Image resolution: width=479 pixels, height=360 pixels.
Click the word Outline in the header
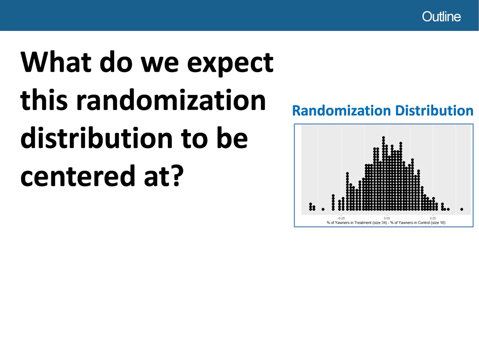click(441, 16)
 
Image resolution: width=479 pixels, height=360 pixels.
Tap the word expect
click(230, 64)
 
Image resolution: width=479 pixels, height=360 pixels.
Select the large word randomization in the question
click(171, 100)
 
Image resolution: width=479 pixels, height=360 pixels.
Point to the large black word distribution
click(97, 139)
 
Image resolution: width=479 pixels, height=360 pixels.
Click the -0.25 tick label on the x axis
click(341, 218)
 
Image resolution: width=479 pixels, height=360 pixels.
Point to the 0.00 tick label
click(387, 218)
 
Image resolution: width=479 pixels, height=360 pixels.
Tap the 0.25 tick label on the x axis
click(433, 218)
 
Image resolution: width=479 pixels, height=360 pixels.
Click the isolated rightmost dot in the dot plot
click(462, 209)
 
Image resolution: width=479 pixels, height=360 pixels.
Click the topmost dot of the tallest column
click(384, 138)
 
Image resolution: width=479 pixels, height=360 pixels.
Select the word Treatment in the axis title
click(363, 223)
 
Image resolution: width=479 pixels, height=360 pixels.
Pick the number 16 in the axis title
click(443, 223)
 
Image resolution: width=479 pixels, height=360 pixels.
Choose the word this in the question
click(44, 100)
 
